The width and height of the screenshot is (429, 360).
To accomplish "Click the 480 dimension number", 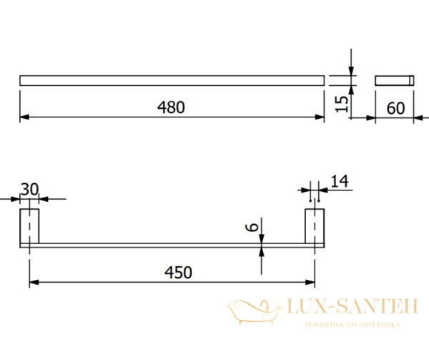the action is point(171,107).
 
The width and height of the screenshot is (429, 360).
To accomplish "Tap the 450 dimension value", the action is point(178,273).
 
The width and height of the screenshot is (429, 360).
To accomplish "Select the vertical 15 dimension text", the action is point(342,104).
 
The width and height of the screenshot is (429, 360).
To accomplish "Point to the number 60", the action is point(395,108).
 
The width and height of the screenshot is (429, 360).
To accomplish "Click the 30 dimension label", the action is point(30,189).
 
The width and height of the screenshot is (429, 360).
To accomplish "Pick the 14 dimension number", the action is point(340,181).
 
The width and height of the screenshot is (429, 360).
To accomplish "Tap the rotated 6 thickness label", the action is point(252,227).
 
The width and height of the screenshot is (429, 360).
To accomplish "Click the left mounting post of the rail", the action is point(29,226).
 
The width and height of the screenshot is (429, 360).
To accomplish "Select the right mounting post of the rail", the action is point(315,226).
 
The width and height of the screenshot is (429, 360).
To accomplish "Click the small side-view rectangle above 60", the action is point(394,80).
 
